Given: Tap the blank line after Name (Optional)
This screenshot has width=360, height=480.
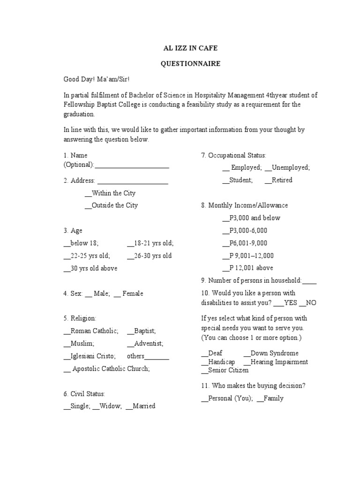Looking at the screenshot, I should pos(132,165).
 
